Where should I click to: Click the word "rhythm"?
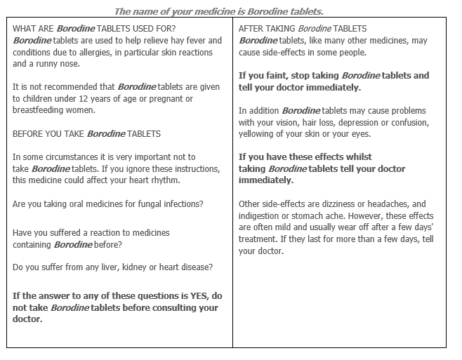[x=164, y=180]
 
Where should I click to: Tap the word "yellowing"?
[x=259, y=133]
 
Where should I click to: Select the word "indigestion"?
[x=260, y=215]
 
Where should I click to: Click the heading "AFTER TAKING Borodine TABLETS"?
[x=303, y=29]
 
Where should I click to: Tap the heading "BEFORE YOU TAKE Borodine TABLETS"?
[x=87, y=133]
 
